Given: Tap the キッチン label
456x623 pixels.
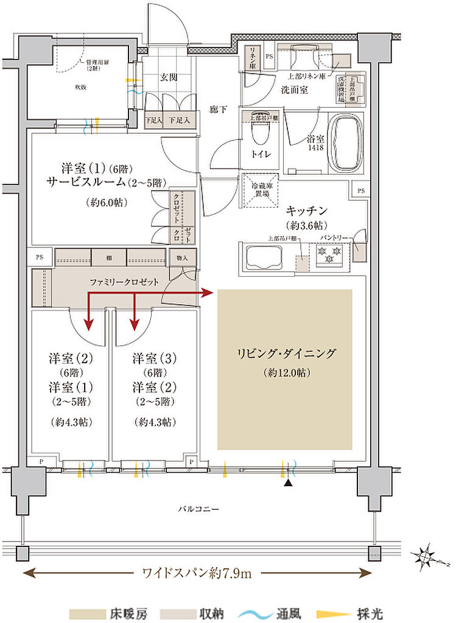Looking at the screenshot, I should pyautogui.click(x=307, y=210).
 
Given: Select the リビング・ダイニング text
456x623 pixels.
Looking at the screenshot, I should pyautogui.click(x=285, y=353).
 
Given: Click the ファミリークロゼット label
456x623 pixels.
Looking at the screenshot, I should pyautogui.click(x=124, y=282).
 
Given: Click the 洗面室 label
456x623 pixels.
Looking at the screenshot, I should pyautogui.click(x=294, y=89).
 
